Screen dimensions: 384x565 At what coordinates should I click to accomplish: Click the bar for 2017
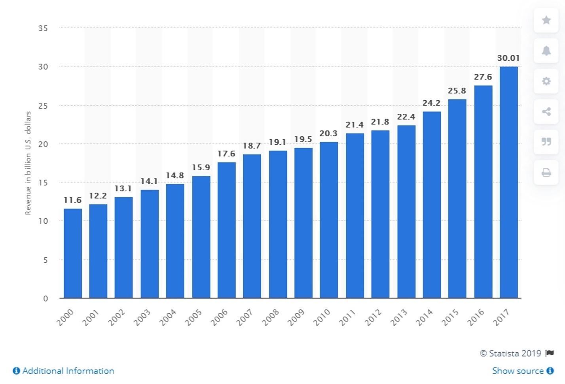point(508,182)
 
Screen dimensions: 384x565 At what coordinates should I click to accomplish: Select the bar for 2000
point(73,253)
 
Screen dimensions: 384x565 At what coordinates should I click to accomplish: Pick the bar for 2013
point(406,211)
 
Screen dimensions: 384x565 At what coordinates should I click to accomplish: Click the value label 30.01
point(508,58)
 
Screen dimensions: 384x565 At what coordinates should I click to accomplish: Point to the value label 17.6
point(226,154)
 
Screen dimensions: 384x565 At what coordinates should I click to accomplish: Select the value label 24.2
point(431,103)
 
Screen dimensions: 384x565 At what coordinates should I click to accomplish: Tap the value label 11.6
point(73,200)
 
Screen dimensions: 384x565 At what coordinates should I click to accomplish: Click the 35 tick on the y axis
point(43,28)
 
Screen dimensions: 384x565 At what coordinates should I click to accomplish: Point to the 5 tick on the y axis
point(46,260)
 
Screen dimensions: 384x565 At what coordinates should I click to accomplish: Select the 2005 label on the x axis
point(194,317)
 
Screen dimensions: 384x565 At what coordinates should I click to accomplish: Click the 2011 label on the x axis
point(348,317)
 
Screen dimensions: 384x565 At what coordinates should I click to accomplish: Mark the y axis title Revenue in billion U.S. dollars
point(28,163)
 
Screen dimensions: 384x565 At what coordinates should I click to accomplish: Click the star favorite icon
point(546,20)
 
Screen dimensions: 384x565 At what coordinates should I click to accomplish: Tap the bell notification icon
point(546,51)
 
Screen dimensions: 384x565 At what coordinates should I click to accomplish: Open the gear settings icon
point(546,81)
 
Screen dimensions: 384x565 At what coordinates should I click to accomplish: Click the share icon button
point(546,111)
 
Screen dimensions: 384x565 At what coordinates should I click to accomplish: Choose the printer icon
point(546,173)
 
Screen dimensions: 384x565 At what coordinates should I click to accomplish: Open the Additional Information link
point(64,371)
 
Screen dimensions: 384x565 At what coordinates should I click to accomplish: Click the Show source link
point(522,371)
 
